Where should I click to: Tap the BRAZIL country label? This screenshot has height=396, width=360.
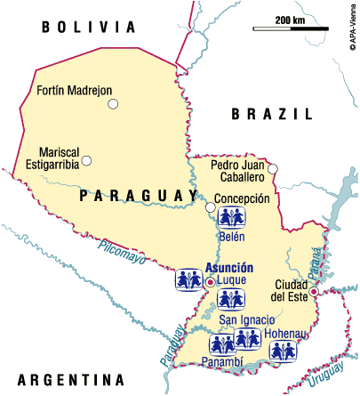coord(271,114)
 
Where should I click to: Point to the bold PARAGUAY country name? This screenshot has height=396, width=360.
coord(138,196)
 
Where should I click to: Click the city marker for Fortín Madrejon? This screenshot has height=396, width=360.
coord(113,104)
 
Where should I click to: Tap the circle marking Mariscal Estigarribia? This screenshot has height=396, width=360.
coord(87,161)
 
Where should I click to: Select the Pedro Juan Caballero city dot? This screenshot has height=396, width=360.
coord(273,169)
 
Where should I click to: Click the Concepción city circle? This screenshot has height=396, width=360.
coord(211,207)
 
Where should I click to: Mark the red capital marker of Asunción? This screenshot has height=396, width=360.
coord(210,282)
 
